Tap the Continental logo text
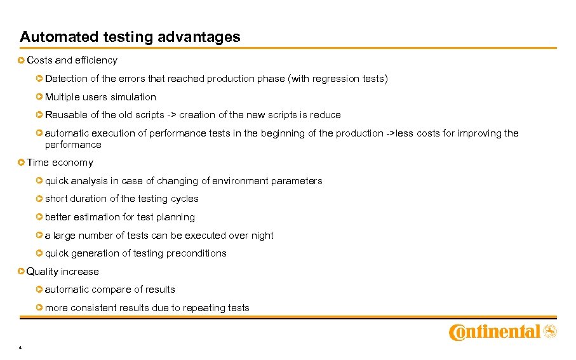495,332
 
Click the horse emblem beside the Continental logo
549,331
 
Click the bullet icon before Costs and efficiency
22,60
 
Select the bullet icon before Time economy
22,163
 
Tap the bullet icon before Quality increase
22,272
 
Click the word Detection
67,79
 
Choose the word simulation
133,97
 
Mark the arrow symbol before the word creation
171,115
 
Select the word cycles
184,199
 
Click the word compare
111,290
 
